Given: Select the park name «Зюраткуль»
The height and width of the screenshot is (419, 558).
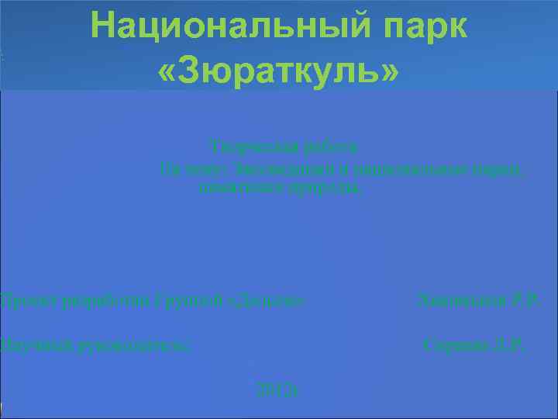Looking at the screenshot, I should point(279,71).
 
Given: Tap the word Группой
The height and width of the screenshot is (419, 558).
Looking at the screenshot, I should point(175,299).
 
